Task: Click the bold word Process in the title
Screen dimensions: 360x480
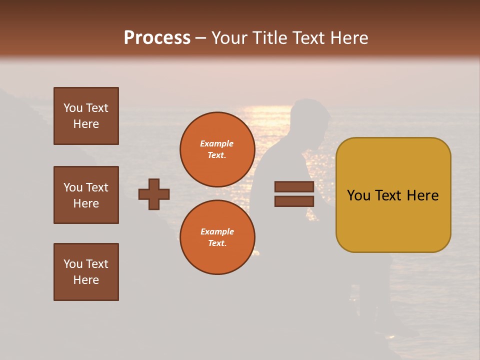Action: point(157,38)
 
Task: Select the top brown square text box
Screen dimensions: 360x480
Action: point(86,116)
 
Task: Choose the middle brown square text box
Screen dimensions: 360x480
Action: point(86,195)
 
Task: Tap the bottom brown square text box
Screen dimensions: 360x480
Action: point(86,272)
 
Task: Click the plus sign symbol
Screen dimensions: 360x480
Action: point(154,194)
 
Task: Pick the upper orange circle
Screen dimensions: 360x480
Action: point(217,149)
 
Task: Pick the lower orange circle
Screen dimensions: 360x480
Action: point(217,237)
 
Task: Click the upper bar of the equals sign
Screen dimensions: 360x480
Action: point(294,187)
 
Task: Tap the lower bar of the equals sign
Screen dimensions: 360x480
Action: point(294,201)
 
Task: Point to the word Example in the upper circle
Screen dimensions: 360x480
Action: point(217,143)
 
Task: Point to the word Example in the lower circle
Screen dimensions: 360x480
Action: point(217,231)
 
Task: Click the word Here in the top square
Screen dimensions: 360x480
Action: point(86,124)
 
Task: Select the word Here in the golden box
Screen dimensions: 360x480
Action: point(422,195)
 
